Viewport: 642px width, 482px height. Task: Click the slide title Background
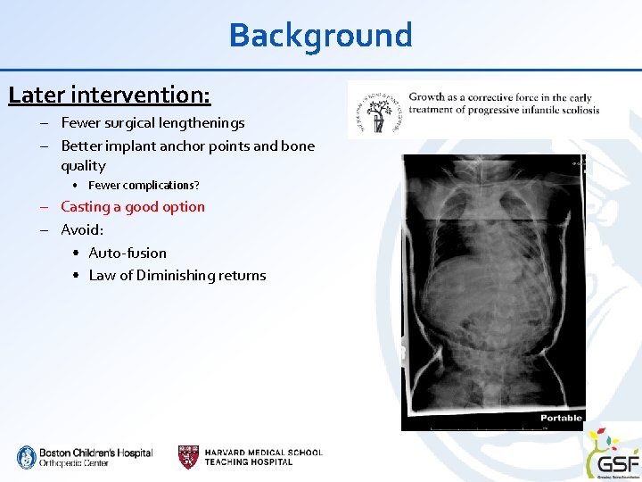click(320, 36)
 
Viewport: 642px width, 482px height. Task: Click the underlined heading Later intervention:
click(110, 94)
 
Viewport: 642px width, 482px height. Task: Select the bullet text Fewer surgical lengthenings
click(152, 123)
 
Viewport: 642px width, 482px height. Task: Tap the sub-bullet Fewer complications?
click(144, 186)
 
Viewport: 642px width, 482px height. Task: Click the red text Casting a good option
click(133, 207)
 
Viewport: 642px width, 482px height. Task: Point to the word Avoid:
click(82, 230)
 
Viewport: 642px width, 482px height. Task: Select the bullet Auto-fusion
click(128, 253)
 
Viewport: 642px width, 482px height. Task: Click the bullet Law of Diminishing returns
click(177, 276)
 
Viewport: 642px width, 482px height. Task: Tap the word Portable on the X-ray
click(561, 418)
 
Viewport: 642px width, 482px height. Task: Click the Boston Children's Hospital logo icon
click(26, 457)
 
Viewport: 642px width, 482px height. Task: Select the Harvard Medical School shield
click(188, 457)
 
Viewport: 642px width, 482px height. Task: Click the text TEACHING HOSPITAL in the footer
click(249, 462)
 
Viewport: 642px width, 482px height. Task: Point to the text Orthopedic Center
click(74, 463)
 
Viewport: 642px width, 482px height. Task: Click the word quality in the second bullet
click(83, 166)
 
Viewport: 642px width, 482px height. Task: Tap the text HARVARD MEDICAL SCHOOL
click(263, 453)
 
